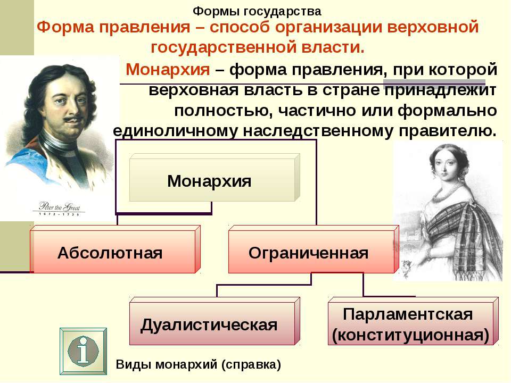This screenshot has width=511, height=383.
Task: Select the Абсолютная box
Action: tap(115, 249)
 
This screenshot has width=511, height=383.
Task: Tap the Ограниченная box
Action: tap(314, 249)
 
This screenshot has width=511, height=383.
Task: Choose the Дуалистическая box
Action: tap(215, 321)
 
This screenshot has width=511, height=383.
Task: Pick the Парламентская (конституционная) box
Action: tap(413, 321)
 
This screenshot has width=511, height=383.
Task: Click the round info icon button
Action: tap(83, 351)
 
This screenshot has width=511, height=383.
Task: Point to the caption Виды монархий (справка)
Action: tap(198, 364)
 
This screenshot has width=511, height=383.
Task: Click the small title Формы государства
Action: tap(257, 11)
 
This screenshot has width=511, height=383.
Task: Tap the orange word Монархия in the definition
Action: tap(168, 69)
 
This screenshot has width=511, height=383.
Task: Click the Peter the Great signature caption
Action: tap(59, 207)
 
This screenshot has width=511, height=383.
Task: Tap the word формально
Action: tap(447, 111)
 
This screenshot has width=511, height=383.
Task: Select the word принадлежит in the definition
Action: tap(440, 90)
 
